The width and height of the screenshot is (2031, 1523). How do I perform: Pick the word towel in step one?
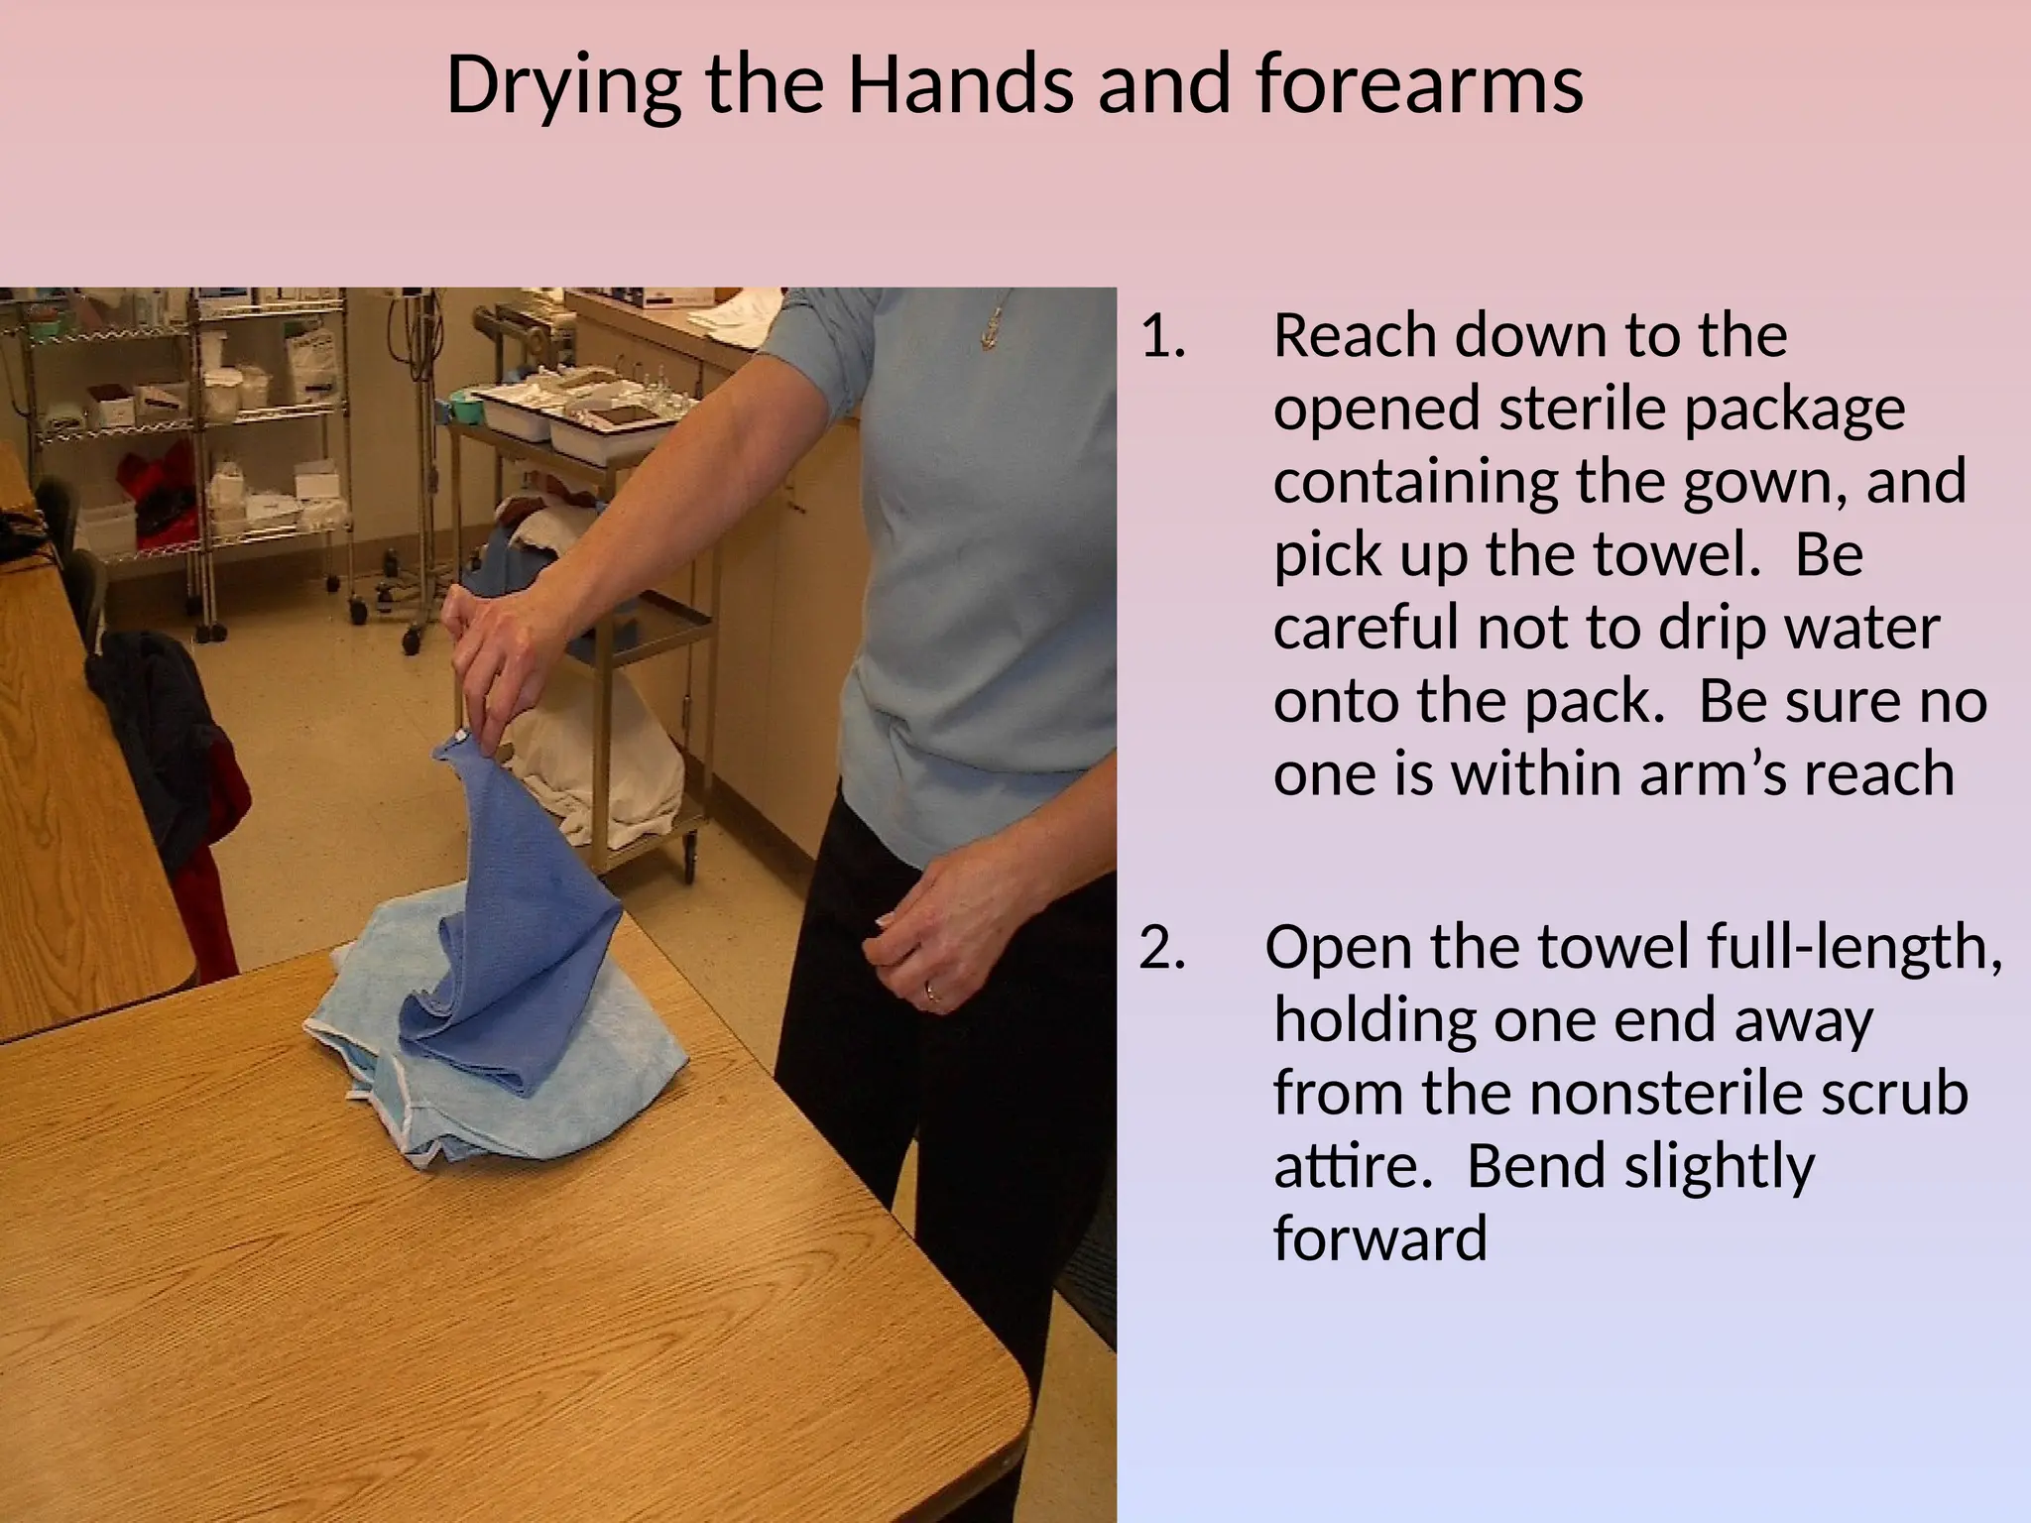point(1675,554)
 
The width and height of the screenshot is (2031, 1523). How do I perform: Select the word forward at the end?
point(1379,1238)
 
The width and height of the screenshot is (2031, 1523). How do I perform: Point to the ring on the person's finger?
point(933,990)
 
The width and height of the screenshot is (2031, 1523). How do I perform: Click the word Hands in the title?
point(961,84)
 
